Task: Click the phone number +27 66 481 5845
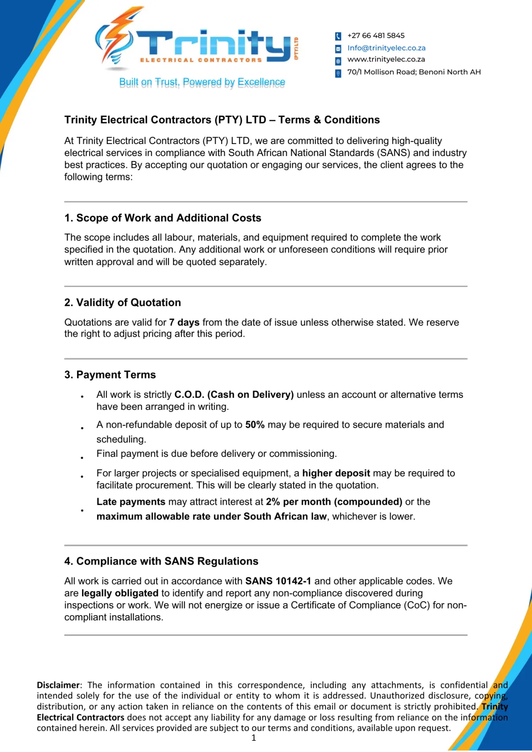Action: click(376, 35)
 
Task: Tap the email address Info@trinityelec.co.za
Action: click(386, 48)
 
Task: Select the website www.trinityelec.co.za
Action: click(386, 59)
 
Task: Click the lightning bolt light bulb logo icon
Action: click(116, 40)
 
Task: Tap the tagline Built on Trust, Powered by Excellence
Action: click(202, 82)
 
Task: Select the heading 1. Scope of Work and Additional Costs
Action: click(163, 218)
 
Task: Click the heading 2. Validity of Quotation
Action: click(122, 303)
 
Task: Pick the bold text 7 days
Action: click(184, 322)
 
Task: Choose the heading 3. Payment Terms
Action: click(110, 375)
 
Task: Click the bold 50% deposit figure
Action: click(255, 425)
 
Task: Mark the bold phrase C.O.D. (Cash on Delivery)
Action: click(234, 394)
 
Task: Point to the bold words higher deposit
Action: click(336, 473)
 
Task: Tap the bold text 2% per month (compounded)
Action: click(334, 502)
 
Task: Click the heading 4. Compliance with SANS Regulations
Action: click(161, 561)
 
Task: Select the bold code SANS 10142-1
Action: click(278, 581)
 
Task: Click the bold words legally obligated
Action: click(120, 593)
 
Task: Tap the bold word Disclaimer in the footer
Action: click(59, 685)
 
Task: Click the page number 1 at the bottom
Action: click(254, 738)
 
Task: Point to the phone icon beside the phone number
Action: click(338, 36)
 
